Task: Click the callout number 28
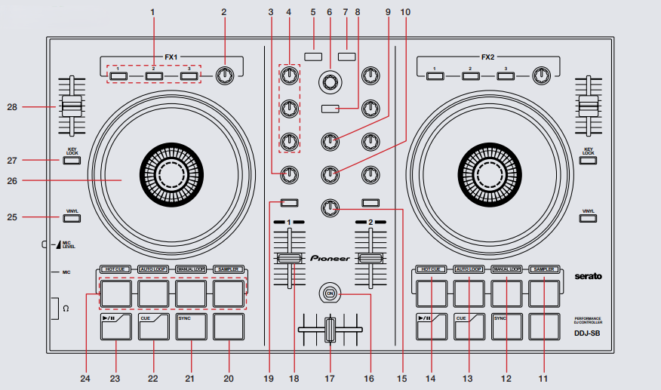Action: [11, 108]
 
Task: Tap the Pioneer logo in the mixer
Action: [330, 258]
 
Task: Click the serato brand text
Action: [589, 277]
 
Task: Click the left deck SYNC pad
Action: [192, 327]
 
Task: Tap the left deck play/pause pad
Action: [115, 327]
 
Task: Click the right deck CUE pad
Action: [468, 327]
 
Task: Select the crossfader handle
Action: [330, 330]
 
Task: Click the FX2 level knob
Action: [541, 75]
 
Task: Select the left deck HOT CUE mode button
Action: [115, 269]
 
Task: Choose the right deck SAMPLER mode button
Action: [544, 269]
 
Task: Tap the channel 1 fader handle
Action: [290, 259]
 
